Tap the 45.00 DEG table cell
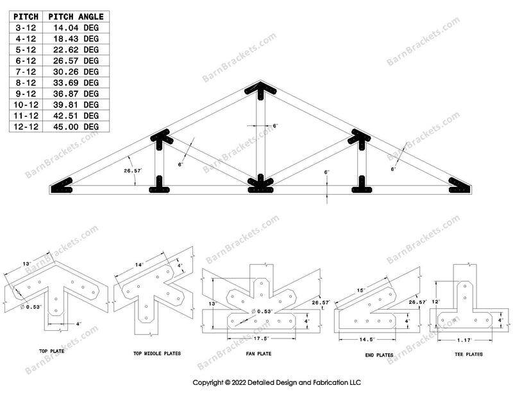pyautogui.click(x=81, y=127)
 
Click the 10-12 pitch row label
pyautogui.click(x=24, y=104)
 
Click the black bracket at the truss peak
pyautogui.click(x=261, y=91)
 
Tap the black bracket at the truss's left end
pyautogui.click(x=63, y=186)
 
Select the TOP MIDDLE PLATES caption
pyautogui.click(x=156, y=353)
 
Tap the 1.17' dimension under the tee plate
pyautogui.click(x=465, y=339)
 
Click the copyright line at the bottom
pyautogui.click(x=277, y=382)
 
